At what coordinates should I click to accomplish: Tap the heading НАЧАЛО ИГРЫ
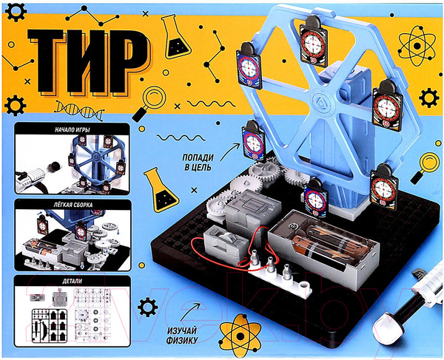coord(73,130)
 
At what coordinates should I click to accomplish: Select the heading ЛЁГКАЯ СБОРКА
coord(74,205)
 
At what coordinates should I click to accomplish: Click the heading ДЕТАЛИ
coord(73,281)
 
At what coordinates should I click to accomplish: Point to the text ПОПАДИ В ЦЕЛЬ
coord(198,163)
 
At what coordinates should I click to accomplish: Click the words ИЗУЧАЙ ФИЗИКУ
coord(182,335)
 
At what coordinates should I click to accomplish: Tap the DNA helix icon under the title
coord(79,109)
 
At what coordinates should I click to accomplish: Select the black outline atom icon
coord(417,46)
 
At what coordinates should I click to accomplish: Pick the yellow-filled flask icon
coord(161,190)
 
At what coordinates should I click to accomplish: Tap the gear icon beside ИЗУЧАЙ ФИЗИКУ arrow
coord(147,307)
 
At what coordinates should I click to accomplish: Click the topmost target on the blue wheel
coord(314,41)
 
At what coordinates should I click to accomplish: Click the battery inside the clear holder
coord(326,243)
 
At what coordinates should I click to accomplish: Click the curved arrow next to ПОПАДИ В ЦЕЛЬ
coord(229,152)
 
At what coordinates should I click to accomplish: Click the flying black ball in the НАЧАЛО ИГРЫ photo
coord(54,166)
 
